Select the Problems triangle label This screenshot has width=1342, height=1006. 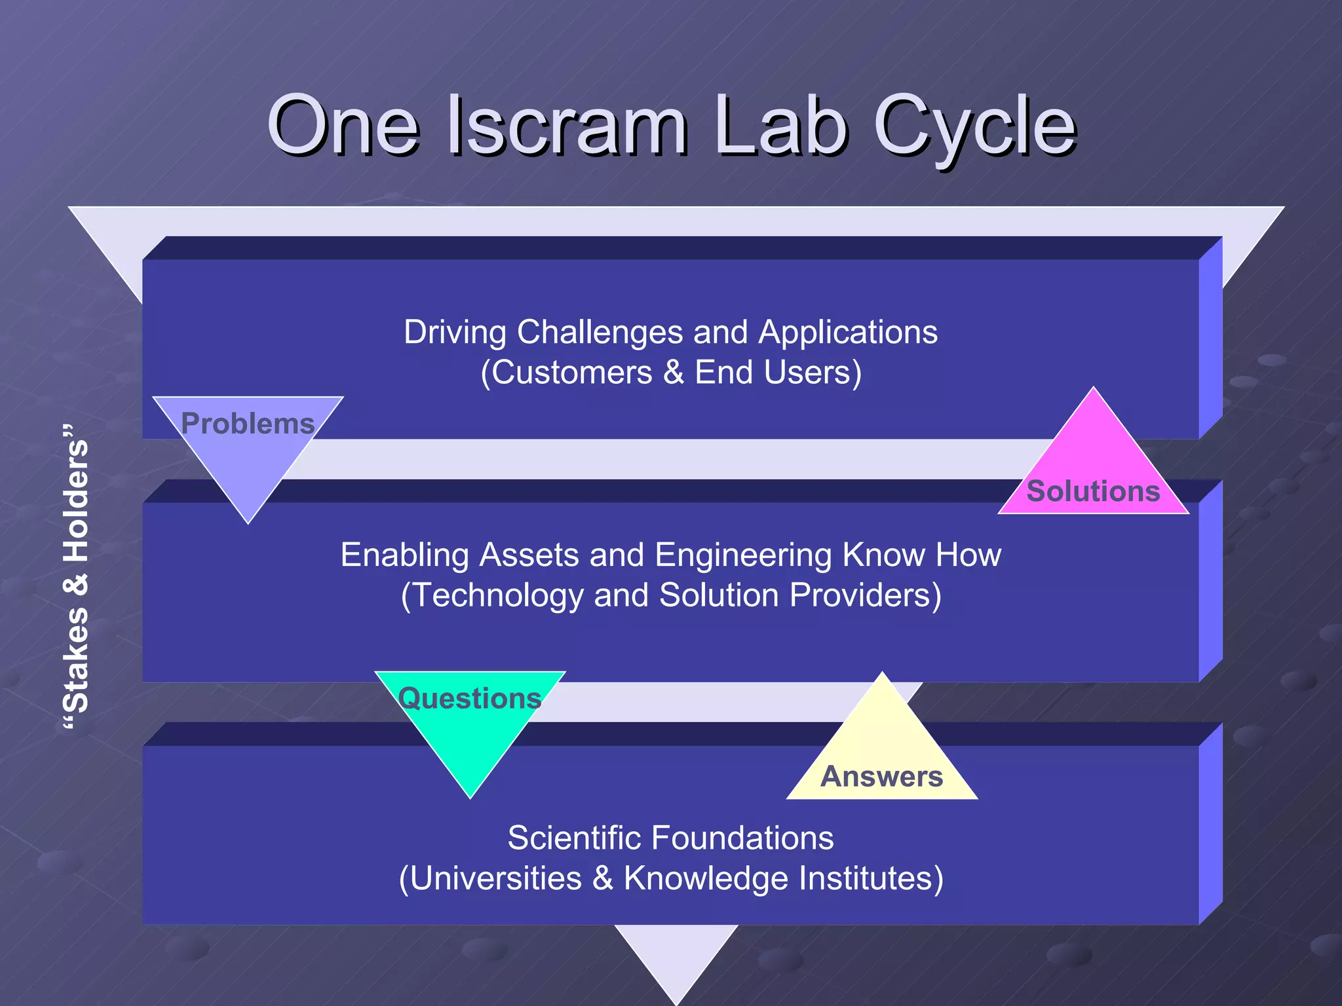(x=248, y=424)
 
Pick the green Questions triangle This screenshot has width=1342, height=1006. (x=469, y=727)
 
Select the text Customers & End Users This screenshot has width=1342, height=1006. (x=671, y=373)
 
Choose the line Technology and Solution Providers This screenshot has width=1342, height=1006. (x=671, y=595)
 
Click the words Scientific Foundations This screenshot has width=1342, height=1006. (x=670, y=838)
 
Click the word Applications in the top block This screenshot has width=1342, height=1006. (x=848, y=332)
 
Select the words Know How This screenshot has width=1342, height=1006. (x=921, y=555)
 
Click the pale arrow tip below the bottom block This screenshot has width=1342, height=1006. (x=676, y=963)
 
